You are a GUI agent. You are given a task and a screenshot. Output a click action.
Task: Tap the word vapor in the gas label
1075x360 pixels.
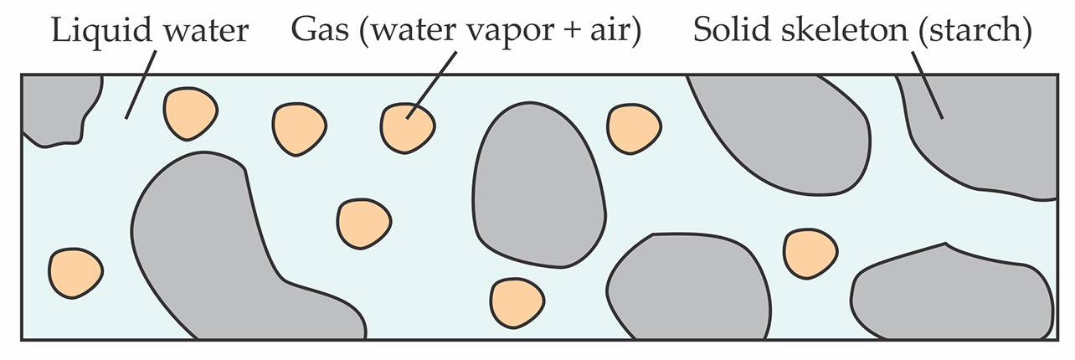(508, 33)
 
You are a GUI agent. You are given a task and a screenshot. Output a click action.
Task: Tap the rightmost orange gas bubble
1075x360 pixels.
(810, 253)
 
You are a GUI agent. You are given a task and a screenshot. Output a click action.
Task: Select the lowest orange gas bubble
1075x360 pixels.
(515, 302)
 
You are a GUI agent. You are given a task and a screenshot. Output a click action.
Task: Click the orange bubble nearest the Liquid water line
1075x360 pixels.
(191, 114)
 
